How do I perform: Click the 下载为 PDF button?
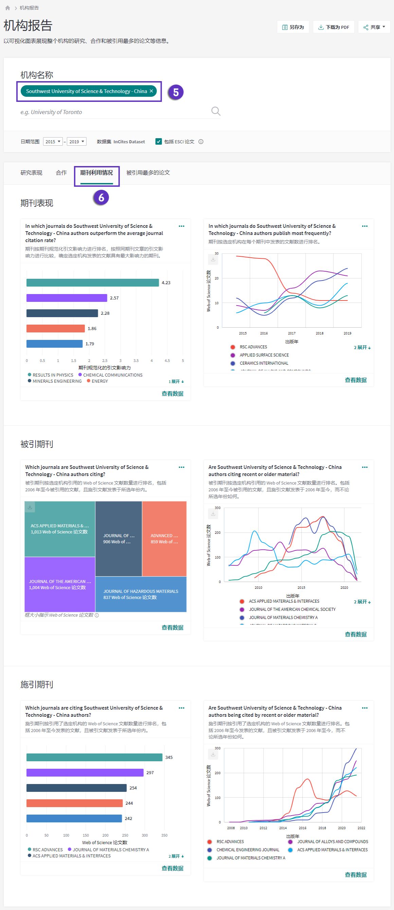tap(334, 27)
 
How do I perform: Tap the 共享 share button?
tap(374, 27)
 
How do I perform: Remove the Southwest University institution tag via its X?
tap(151, 91)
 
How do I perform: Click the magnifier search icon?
tap(216, 111)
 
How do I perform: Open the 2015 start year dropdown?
tap(53, 142)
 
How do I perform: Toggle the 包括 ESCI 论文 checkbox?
tap(159, 142)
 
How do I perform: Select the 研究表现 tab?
tap(32, 173)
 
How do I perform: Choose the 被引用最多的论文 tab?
tap(148, 173)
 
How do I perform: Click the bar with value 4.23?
tap(93, 283)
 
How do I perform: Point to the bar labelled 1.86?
tap(55, 329)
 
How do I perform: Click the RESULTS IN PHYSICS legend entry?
tap(53, 375)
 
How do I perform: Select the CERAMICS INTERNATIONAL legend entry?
tap(264, 363)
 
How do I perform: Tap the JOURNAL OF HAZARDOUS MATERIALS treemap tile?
tap(141, 594)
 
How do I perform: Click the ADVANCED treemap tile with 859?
tap(164, 539)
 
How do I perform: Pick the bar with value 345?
tap(94, 758)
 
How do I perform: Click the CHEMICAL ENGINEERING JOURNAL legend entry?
tap(247, 850)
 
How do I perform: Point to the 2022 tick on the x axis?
tap(361, 828)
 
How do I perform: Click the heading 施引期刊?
tap(37, 684)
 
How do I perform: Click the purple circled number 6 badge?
tap(102, 198)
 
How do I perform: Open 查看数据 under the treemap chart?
tap(173, 627)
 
